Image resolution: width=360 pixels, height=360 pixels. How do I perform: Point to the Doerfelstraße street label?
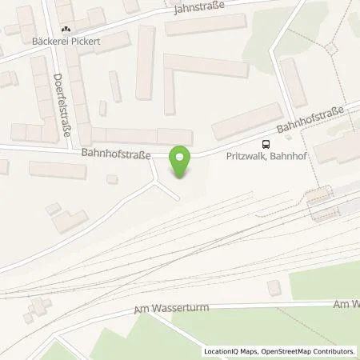(x=60, y=105)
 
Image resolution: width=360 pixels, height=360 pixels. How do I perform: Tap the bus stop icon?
(x=263, y=144)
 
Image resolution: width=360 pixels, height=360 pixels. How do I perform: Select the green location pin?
(x=182, y=162)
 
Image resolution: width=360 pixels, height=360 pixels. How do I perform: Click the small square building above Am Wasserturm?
(x=275, y=287)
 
